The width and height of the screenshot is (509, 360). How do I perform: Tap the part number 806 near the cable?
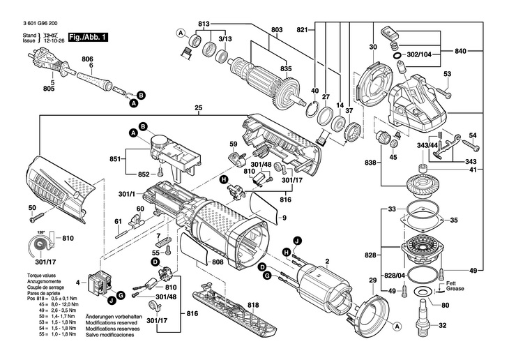coord(87,60)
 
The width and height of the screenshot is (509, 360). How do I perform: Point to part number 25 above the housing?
coord(199,107)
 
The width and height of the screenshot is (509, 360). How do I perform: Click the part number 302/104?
coord(423,53)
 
